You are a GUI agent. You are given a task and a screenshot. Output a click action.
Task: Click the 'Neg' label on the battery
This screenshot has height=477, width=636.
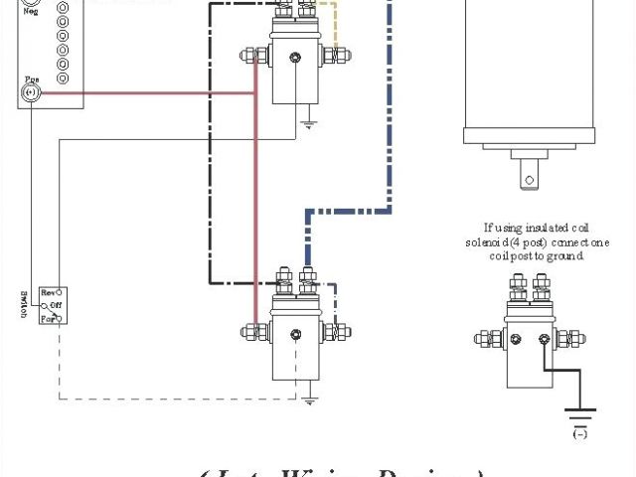30,13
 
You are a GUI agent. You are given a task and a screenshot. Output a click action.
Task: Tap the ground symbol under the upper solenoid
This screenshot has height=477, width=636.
309,125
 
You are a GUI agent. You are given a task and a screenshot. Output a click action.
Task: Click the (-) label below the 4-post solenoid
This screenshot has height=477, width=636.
577,434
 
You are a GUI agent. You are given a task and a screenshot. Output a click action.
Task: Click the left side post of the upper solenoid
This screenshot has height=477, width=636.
247,58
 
